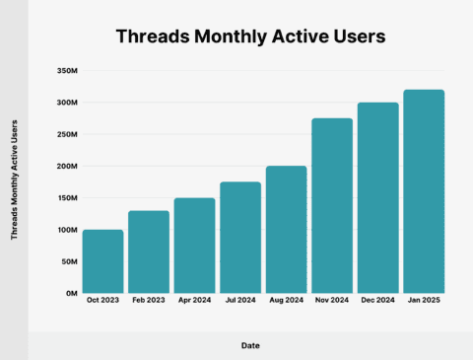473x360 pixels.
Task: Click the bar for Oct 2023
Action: [x=102, y=261]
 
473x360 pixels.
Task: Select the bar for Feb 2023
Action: [x=149, y=252]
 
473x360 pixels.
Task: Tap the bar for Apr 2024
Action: [x=194, y=246]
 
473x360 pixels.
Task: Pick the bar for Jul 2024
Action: [x=240, y=238]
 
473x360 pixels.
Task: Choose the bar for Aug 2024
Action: [x=286, y=230]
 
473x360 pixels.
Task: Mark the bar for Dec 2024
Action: [x=377, y=197]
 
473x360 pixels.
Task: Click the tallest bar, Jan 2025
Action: [x=424, y=191]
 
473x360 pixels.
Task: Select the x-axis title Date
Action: [x=250, y=345]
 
